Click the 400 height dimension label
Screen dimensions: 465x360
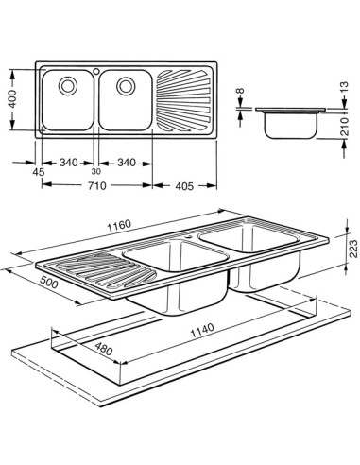click(x=11, y=99)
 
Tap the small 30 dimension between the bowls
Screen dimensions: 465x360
click(x=95, y=171)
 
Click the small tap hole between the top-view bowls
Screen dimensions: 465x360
click(x=96, y=72)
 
